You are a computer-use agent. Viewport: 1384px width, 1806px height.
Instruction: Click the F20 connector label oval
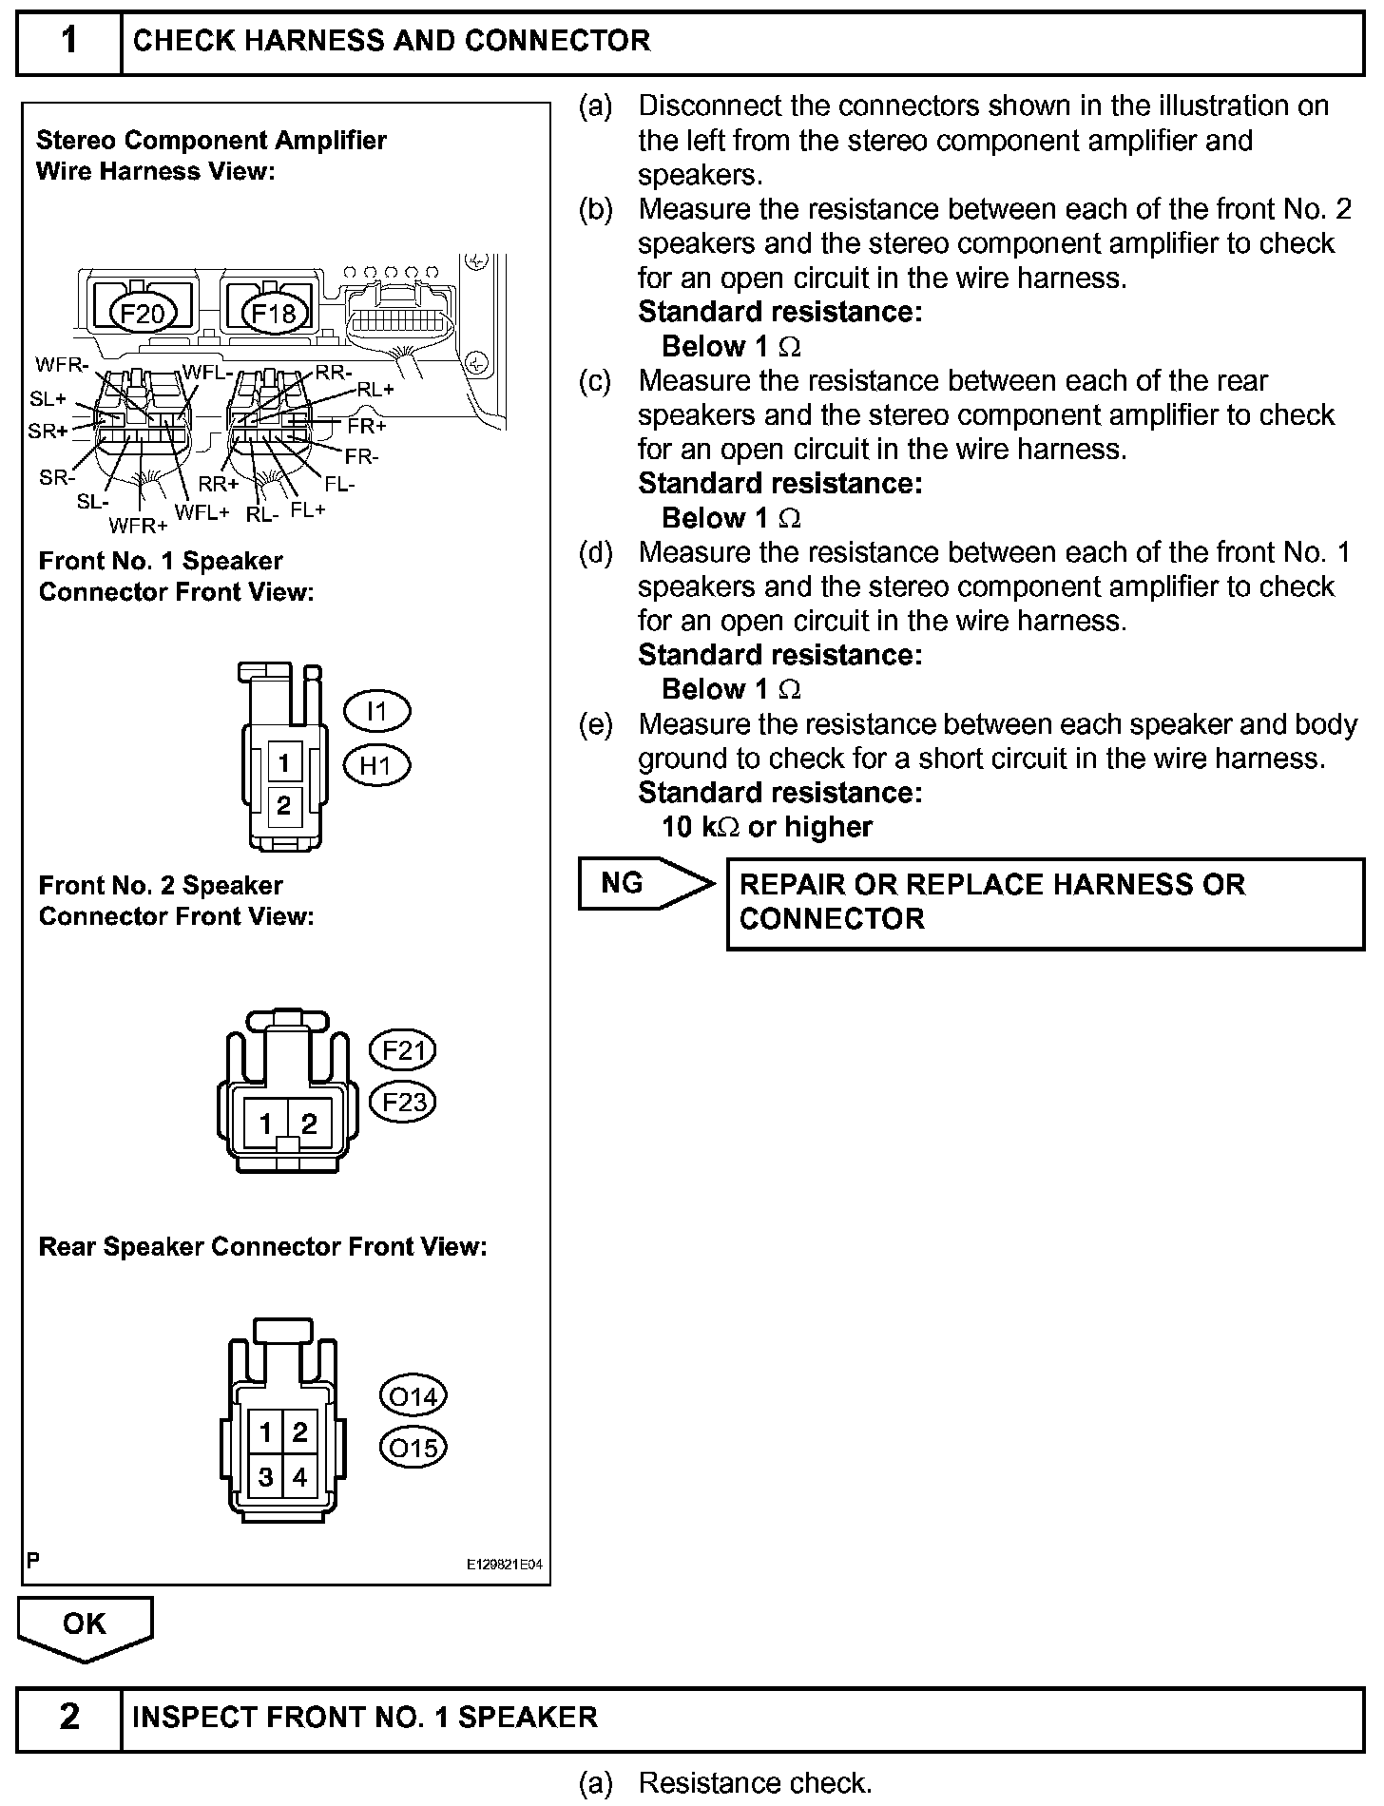(143, 313)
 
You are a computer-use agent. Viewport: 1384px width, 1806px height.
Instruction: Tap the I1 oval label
(376, 710)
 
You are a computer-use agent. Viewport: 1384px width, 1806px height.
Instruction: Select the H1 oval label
(376, 765)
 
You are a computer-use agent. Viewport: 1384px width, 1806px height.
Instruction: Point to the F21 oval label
(402, 1050)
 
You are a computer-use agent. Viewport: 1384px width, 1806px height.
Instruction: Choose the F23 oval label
(402, 1102)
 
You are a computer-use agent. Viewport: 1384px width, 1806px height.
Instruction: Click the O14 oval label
(413, 1396)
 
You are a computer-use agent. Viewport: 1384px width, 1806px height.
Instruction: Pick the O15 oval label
(413, 1448)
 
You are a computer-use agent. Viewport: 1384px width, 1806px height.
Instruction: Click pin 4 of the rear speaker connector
(300, 1477)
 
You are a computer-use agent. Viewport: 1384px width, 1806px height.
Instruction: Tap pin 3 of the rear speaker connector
(266, 1477)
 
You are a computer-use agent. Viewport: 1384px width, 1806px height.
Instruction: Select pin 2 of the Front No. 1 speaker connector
(283, 805)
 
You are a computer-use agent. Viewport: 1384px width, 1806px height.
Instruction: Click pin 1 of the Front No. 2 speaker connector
(265, 1124)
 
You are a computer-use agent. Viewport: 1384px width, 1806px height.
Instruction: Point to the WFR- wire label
(62, 365)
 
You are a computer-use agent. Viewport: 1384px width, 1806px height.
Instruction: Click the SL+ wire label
(48, 400)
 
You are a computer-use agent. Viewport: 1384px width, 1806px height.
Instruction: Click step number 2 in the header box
(69, 1717)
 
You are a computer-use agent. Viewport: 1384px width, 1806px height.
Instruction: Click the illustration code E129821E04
(504, 1565)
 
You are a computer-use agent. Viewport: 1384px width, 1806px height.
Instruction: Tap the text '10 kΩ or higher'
(766, 827)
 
